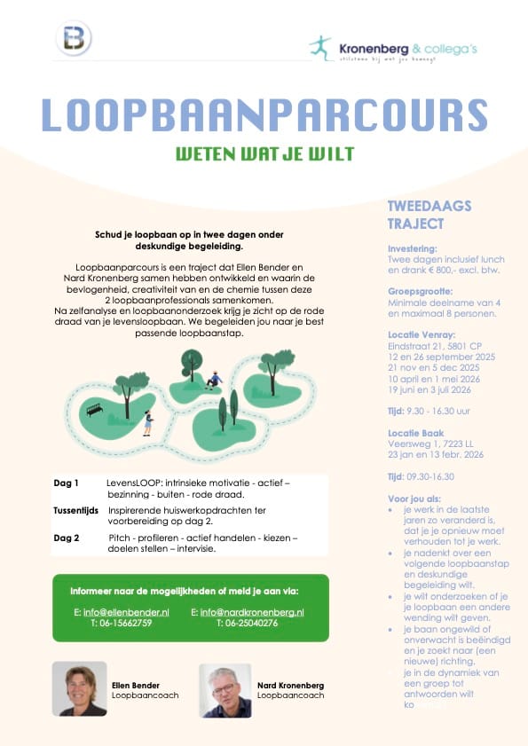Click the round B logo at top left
(75, 39)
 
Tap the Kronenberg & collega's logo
(392, 48)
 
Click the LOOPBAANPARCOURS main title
(264, 114)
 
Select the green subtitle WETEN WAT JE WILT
(264, 153)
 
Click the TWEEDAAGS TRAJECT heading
(429, 215)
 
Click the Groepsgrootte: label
(420, 291)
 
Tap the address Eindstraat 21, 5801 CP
(434, 345)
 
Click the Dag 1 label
(66, 483)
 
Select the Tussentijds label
(75, 511)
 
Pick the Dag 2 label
(66, 538)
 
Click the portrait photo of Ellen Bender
(79, 688)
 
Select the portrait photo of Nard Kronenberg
(225, 689)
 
